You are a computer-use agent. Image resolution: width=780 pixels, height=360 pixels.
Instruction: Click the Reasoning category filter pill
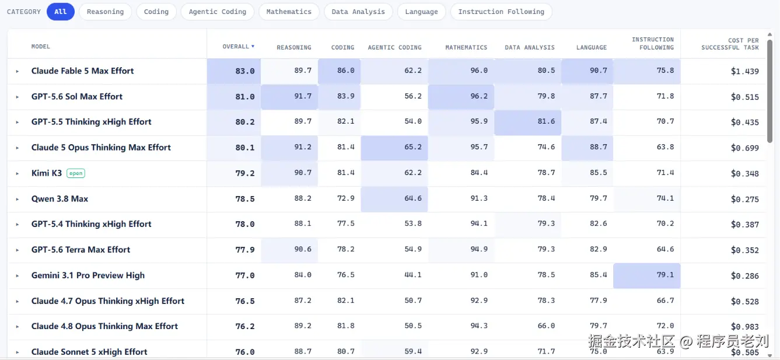click(105, 12)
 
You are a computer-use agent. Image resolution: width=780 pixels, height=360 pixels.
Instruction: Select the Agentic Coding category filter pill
click(217, 12)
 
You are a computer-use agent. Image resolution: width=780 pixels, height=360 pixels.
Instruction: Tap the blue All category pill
click(61, 12)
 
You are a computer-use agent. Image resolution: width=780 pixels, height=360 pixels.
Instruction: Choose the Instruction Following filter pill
click(501, 12)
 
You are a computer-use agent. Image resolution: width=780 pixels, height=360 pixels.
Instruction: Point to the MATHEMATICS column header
click(466, 47)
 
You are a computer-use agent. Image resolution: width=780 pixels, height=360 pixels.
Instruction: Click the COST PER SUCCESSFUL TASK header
click(730, 44)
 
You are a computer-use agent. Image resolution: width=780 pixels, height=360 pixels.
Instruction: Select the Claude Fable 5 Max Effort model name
click(82, 71)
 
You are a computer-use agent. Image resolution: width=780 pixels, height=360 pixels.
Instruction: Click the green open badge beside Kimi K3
click(76, 173)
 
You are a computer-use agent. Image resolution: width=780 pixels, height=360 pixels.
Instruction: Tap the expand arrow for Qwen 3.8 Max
click(17, 199)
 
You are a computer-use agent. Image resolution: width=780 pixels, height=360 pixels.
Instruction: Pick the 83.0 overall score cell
click(234, 71)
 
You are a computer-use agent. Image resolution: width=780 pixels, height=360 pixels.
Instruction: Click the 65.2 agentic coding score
click(394, 148)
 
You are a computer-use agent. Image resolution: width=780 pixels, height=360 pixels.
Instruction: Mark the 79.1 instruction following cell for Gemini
click(646, 275)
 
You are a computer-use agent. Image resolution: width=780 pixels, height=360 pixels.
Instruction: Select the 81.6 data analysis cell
click(527, 122)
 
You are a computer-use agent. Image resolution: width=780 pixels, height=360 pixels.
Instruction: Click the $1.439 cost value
click(745, 71)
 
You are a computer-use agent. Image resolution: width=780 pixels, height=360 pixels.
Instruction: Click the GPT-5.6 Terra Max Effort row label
click(81, 250)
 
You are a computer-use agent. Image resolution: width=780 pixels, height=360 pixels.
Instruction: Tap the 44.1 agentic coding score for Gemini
click(412, 275)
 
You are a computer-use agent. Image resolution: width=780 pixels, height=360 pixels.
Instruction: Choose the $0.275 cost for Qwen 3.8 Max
click(745, 200)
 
